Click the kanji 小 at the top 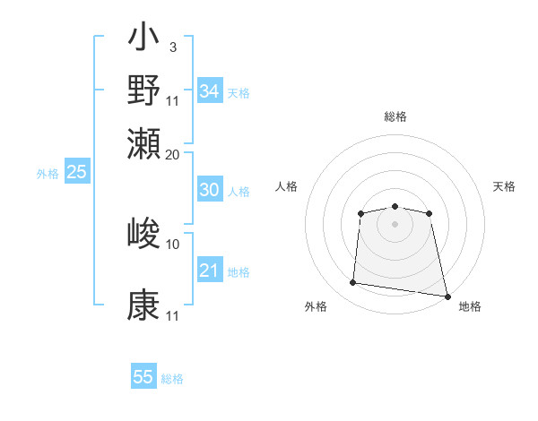(x=143, y=40)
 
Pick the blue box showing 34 (x=209, y=91)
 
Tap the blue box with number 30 (x=209, y=190)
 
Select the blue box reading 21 (x=209, y=271)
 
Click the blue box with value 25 (x=76, y=173)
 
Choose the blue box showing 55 (x=143, y=377)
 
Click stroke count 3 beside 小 (x=172, y=47)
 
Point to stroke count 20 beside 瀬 (x=173, y=154)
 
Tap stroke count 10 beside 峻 (x=173, y=244)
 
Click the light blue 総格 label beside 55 (x=172, y=379)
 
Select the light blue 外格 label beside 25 (x=47, y=175)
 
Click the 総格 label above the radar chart (x=395, y=116)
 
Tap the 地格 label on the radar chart (x=470, y=306)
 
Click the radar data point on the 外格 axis (x=353, y=283)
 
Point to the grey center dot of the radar (x=395, y=224)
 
